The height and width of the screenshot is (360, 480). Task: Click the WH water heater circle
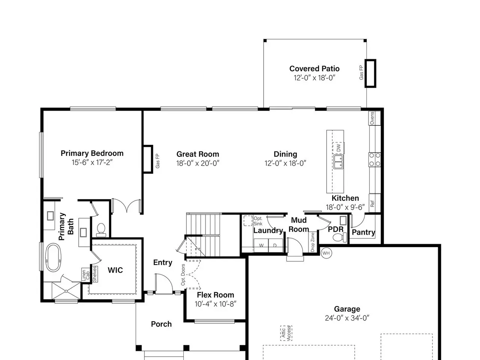(326, 253)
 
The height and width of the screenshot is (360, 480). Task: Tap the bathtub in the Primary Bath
(53, 258)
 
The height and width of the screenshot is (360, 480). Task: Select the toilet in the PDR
(340, 237)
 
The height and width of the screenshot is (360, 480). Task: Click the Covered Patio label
(314, 69)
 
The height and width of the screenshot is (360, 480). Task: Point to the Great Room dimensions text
(198, 163)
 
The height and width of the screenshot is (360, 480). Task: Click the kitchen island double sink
(338, 162)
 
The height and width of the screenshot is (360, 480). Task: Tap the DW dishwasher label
(339, 148)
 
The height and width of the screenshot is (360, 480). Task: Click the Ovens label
(372, 118)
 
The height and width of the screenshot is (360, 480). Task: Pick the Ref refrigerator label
(372, 204)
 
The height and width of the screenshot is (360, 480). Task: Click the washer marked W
(261, 246)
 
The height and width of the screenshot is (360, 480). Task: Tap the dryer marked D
(276, 246)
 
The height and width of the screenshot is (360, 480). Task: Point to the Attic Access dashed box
(286, 333)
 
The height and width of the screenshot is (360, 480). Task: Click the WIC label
(115, 270)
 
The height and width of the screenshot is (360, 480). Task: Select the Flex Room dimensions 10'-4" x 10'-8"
(215, 304)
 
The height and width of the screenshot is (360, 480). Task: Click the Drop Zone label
(312, 242)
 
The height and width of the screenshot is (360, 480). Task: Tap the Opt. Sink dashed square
(248, 221)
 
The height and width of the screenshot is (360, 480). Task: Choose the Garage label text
(347, 309)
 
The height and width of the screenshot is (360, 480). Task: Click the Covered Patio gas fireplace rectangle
(370, 73)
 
